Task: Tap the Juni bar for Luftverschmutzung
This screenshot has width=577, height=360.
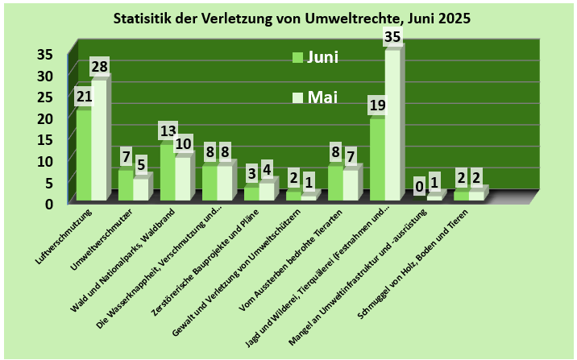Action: pyautogui.click(x=83, y=153)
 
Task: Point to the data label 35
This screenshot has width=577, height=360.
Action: pyautogui.click(x=392, y=36)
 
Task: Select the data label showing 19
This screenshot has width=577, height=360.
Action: pyautogui.click(x=377, y=105)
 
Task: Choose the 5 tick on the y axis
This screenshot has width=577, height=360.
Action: pyautogui.click(x=48, y=182)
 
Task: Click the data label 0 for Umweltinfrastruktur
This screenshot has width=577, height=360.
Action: pyautogui.click(x=419, y=186)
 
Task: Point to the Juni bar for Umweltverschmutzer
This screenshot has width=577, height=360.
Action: pyautogui.click(x=125, y=184)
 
